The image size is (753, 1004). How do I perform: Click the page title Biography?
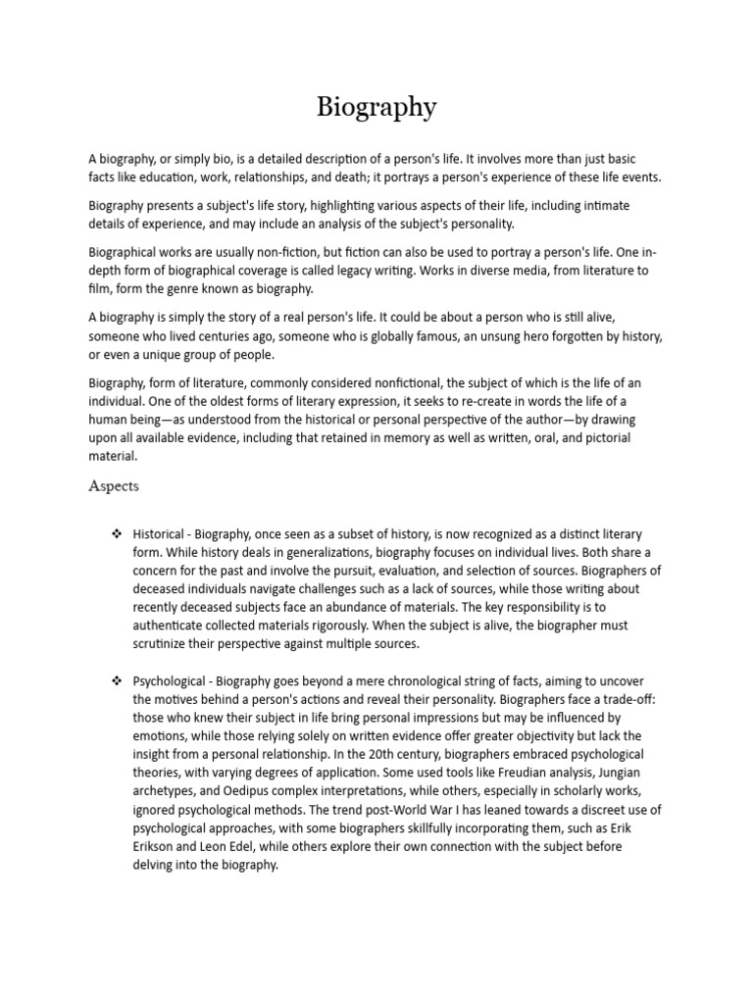point(376,107)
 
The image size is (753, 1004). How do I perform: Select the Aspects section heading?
point(114,485)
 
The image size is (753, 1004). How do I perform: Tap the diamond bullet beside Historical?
point(117,534)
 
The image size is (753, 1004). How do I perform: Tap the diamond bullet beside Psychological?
point(117,680)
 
